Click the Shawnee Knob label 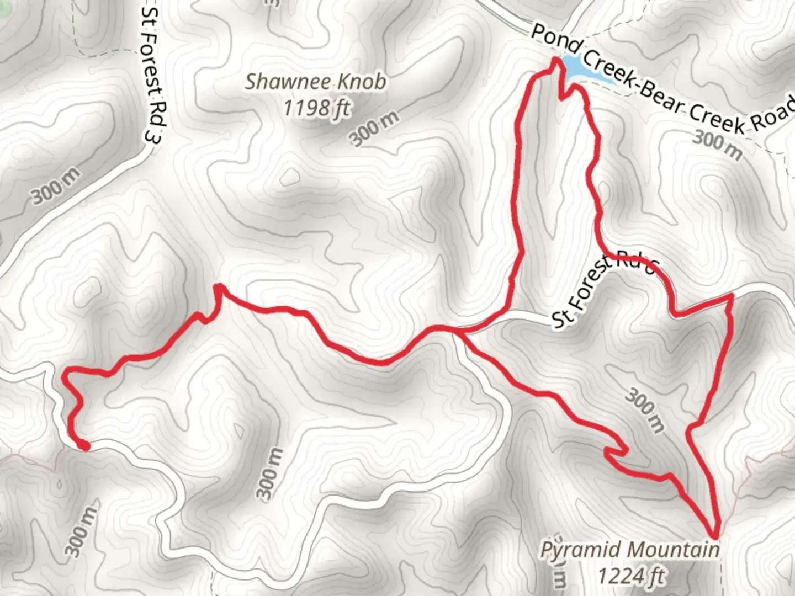pyautogui.click(x=315, y=82)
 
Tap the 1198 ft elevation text pyautogui.click(x=316, y=107)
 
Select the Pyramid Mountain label pyautogui.click(x=629, y=550)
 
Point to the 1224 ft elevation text pyautogui.click(x=631, y=576)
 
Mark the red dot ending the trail pyautogui.click(x=83, y=445)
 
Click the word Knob pyautogui.click(x=362, y=82)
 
